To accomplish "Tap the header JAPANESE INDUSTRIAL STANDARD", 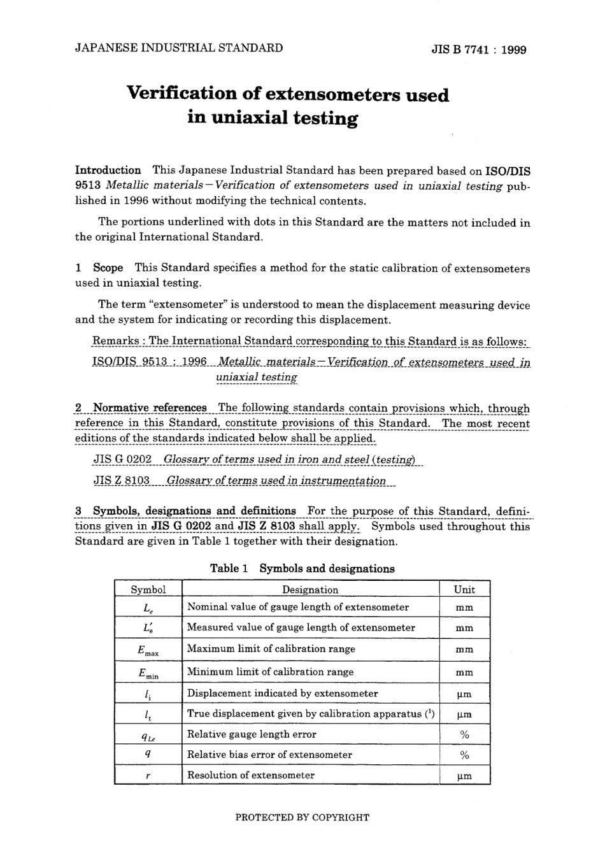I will (x=179, y=48).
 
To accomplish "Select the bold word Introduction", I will (x=108, y=170).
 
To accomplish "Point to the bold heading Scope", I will (x=108, y=268).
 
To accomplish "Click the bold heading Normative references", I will (x=150, y=408).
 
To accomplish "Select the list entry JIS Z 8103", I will (x=122, y=481).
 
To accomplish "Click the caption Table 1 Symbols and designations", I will (x=302, y=569).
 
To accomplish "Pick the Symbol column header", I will (x=148, y=590).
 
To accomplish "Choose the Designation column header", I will (x=310, y=590).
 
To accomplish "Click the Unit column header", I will (x=464, y=590).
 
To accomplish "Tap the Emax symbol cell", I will (x=148, y=650).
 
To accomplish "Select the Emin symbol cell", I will (x=148, y=673).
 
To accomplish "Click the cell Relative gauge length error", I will (x=252, y=734).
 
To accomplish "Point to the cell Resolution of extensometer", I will (x=251, y=775).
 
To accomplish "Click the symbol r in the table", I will (x=148, y=775).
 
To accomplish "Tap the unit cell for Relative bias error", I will (x=464, y=755).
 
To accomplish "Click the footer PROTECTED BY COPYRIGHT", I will (x=302, y=817).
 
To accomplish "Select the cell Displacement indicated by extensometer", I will (x=282, y=694).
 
